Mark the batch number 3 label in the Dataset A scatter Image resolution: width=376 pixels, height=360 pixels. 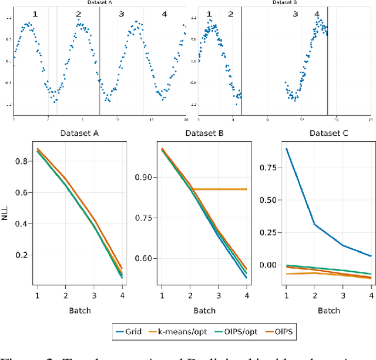121,14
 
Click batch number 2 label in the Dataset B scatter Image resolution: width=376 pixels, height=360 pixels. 230,14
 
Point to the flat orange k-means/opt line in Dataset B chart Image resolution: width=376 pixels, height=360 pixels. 223,189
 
